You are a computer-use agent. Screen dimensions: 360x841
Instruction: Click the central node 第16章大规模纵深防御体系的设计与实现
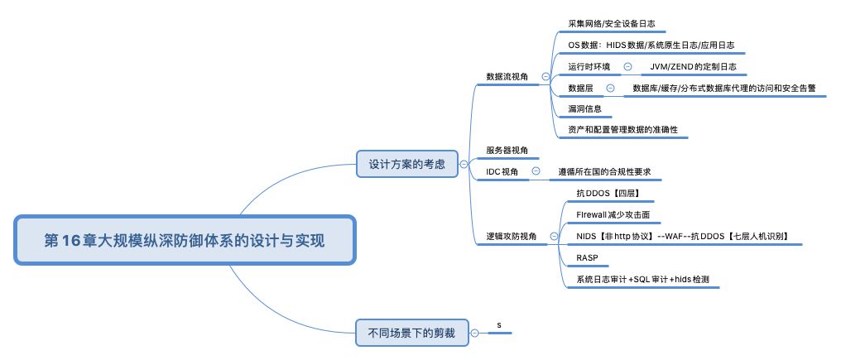pos(185,241)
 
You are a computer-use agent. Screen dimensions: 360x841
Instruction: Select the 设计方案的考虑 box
pos(406,165)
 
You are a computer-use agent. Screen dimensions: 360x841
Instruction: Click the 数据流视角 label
pos(507,76)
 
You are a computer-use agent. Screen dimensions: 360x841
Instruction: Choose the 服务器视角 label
pos(507,150)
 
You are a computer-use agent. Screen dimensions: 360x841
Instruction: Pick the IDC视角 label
pos(502,171)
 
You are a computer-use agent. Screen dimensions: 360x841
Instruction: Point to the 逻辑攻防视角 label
pos(511,236)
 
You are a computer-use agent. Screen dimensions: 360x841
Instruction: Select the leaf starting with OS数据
pos(651,45)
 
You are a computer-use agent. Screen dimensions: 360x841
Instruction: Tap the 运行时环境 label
pos(589,66)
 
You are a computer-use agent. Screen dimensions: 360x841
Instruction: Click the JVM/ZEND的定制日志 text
pos(693,66)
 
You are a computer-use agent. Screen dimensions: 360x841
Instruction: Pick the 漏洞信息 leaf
pos(584,108)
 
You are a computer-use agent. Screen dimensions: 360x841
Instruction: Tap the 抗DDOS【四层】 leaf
pos(608,193)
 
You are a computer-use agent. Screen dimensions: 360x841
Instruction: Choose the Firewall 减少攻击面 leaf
pos(613,214)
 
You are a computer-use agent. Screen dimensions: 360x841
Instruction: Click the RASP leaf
pos(587,257)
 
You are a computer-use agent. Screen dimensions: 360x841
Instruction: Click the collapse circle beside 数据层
pos(610,88)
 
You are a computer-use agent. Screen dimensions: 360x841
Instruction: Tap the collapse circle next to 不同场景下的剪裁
pos(474,333)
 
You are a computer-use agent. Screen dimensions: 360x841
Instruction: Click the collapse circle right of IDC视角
pos(536,171)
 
